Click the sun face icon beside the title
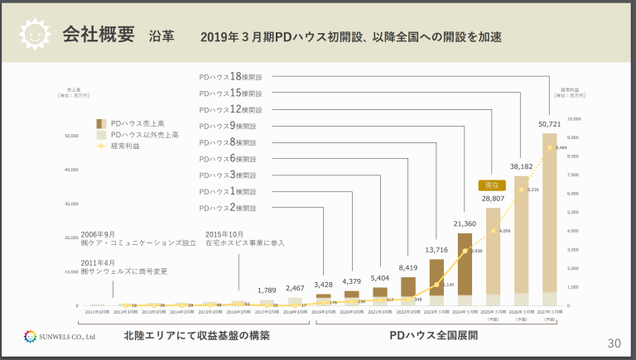34,35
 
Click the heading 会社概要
98,35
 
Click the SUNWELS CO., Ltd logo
60,337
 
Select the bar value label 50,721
549,124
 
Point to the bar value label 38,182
521,166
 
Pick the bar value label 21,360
465,224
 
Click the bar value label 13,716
436,249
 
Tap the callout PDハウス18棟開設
230,76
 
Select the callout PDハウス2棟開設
227,208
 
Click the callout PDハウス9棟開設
227,126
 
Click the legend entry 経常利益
125,146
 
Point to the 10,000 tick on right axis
572,118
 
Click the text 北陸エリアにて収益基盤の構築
196,336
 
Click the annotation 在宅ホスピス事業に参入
244,242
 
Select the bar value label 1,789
267,290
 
